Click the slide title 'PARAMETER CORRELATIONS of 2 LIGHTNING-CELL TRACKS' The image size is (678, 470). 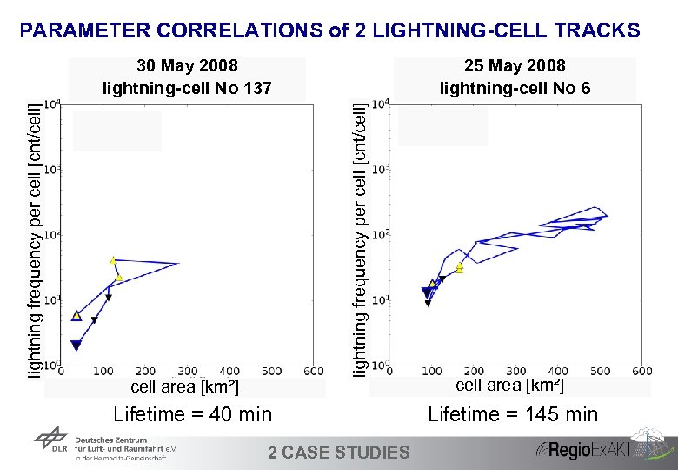[x=329, y=31]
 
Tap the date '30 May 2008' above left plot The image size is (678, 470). [x=187, y=66]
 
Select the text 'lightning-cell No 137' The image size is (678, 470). [x=187, y=88]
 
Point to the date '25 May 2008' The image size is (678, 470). [x=515, y=66]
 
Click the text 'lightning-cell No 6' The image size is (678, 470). [x=515, y=88]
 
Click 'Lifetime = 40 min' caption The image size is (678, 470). [x=192, y=414]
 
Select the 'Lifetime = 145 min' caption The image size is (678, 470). [x=513, y=414]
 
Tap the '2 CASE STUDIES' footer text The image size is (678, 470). [x=338, y=452]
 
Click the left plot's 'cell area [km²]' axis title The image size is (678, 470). [x=184, y=386]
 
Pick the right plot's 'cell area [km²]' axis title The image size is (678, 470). [x=509, y=385]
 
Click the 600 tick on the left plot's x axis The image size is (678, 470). [x=314, y=372]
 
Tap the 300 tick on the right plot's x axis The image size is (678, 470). [x=515, y=372]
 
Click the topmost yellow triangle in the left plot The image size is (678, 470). [x=113, y=259]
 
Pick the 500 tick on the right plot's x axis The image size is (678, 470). [x=599, y=372]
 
